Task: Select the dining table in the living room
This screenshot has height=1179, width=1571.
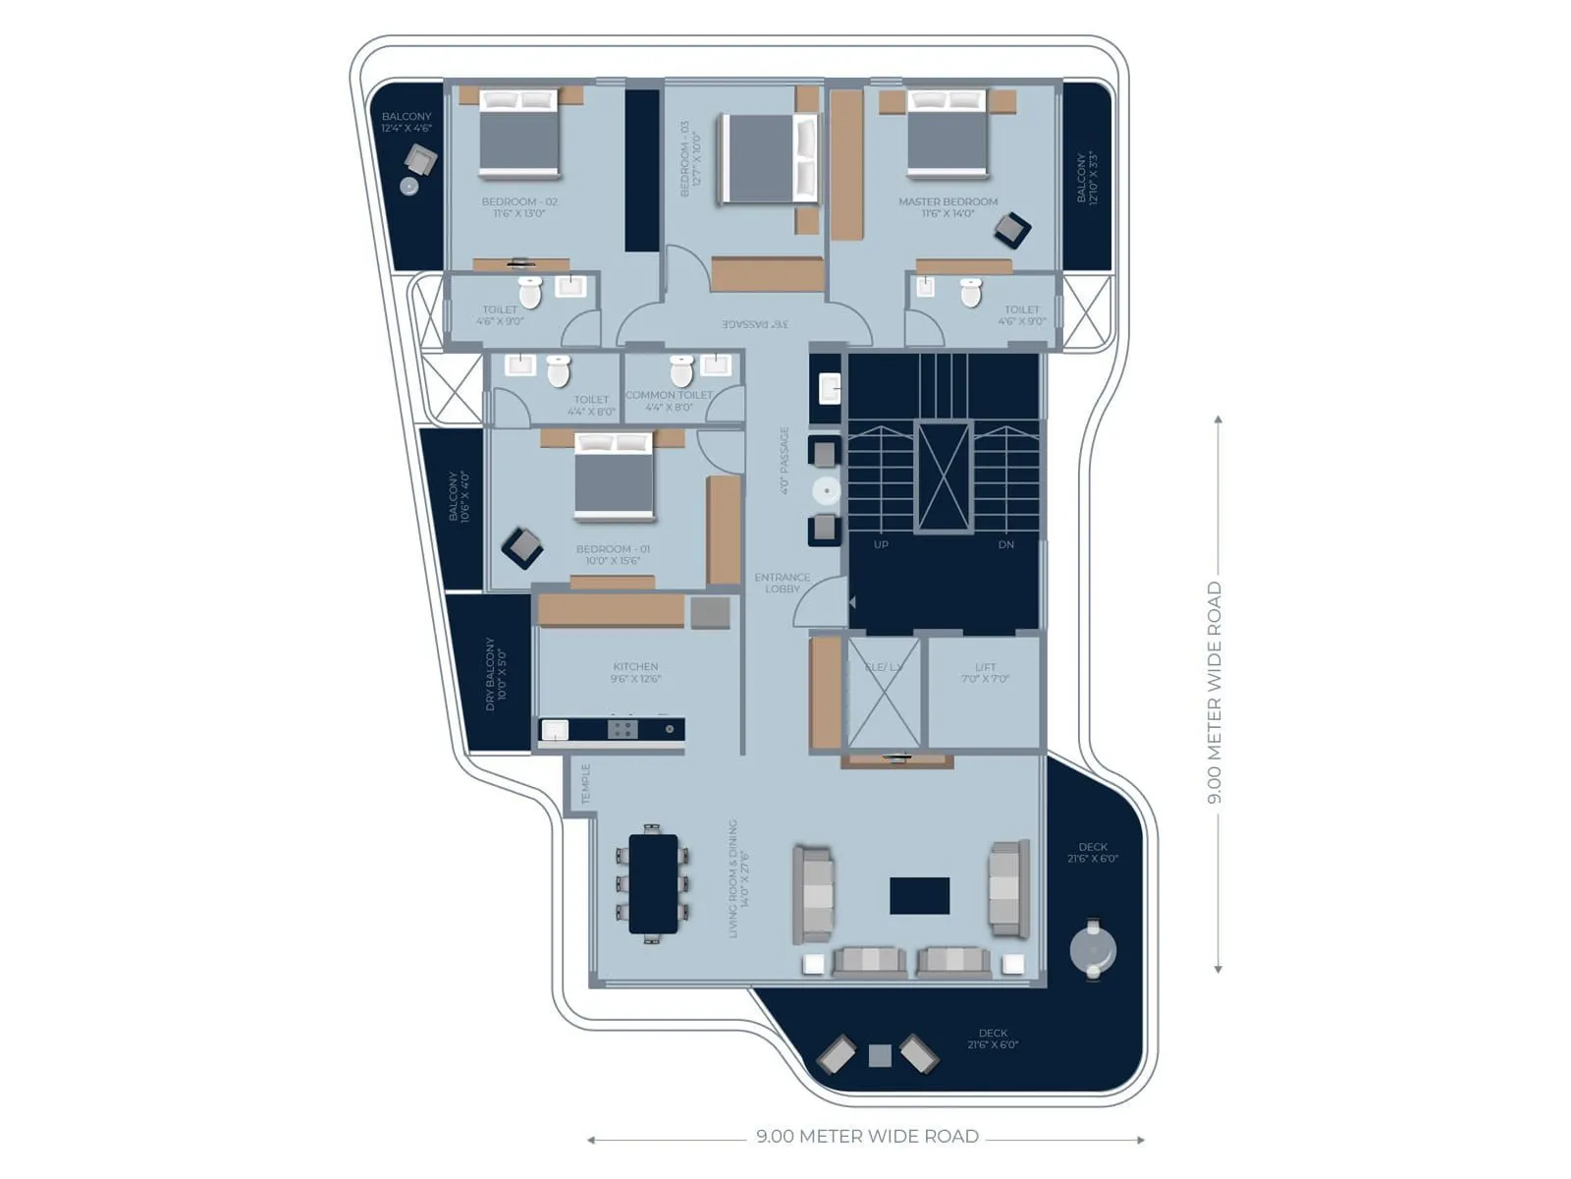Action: click(x=653, y=883)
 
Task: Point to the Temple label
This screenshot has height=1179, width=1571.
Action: click(x=586, y=784)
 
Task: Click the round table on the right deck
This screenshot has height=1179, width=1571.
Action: click(x=1093, y=949)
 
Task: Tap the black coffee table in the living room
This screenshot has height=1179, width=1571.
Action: click(x=919, y=895)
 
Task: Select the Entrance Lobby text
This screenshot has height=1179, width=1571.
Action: click(x=783, y=584)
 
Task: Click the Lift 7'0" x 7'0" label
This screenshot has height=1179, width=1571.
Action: click(x=985, y=673)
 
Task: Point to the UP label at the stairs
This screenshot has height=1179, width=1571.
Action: click(x=881, y=544)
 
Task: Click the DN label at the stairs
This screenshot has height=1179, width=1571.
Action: click(x=1005, y=544)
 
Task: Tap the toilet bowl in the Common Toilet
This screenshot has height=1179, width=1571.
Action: click(x=681, y=371)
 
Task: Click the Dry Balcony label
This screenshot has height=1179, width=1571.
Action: click(x=495, y=674)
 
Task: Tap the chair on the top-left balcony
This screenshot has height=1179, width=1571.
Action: click(x=420, y=159)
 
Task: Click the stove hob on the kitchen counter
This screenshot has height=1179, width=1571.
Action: click(x=622, y=729)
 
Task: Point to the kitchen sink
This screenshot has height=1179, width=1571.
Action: click(x=555, y=730)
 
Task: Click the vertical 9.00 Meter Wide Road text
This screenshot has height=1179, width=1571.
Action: click(x=1215, y=693)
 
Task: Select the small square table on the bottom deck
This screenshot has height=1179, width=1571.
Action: click(x=880, y=1056)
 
